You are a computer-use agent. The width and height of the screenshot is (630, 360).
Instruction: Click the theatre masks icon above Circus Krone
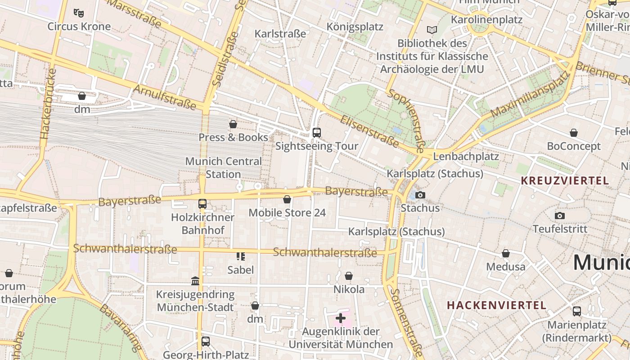pos(79,13)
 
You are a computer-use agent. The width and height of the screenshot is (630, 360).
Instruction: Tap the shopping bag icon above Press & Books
pos(233,124)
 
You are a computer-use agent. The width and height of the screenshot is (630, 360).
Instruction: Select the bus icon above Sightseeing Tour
pos(317,132)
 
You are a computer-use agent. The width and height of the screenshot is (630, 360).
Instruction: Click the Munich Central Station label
pos(223,167)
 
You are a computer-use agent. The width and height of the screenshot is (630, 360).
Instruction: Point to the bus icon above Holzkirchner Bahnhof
pos(202,204)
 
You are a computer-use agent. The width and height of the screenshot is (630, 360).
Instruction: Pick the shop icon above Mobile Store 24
pos(287,199)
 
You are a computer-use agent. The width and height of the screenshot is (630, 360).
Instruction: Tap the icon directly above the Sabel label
pos(241,256)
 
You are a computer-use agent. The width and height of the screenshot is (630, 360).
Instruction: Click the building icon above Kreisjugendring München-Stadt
pos(195,281)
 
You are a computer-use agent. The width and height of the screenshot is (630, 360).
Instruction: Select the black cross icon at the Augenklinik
pos(341,318)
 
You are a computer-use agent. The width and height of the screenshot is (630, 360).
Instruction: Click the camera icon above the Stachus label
pos(420,195)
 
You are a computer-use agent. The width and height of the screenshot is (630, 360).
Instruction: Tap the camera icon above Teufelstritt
pos(560,216)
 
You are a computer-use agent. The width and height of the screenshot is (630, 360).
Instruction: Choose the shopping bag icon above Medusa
pos(506,253)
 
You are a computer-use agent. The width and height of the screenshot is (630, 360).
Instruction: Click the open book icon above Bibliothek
pos(432,30)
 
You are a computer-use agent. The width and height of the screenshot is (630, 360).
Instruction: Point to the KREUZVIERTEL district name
pos(565,181)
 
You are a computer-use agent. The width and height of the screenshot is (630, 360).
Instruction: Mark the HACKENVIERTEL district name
pos(496,305)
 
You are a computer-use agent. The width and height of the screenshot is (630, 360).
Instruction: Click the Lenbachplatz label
pos(466,157)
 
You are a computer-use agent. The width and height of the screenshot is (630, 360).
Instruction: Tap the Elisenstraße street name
pos(369,131)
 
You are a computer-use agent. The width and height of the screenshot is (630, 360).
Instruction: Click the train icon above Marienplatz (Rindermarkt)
pos(577,311)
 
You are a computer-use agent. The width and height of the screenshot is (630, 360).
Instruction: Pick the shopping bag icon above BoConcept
pos(574,133)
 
